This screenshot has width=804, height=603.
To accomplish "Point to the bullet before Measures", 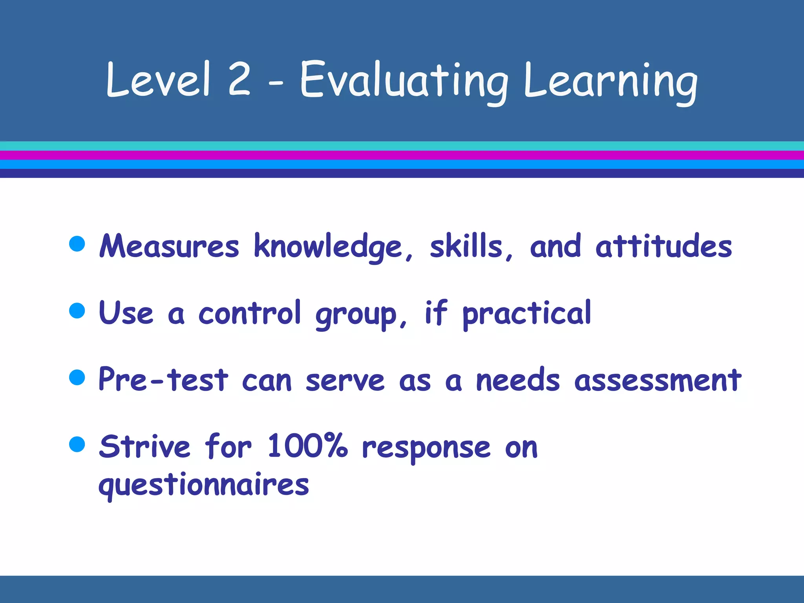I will [77, 243].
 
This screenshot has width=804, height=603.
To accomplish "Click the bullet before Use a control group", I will [77, 310].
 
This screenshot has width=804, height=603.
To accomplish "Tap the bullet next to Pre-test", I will [77, 377].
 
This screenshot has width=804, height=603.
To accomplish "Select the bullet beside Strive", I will [77, 444].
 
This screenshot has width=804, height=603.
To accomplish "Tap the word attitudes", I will [663, 247].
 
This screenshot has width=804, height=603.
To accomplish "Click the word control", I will [250, 313].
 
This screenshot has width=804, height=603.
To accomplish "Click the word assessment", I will [658, 380].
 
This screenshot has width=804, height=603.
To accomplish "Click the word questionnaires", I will [203, 485].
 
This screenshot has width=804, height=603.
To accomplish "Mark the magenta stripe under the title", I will [402, 155].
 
